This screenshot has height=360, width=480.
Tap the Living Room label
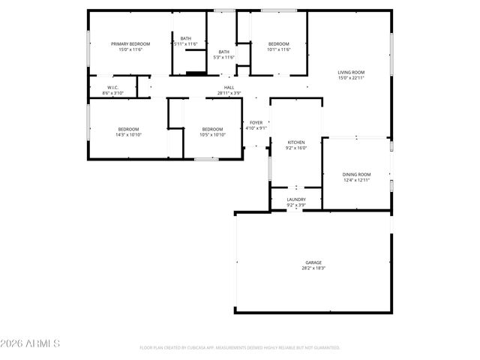[x=351, y=72]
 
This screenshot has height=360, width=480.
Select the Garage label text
[x=313, y=262]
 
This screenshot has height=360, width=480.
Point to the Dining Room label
[x=357, y=174]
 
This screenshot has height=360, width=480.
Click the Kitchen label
[x=297, y=142]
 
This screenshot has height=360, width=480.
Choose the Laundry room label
[x=296, y=199]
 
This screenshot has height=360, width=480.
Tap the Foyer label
[x=256, y=122]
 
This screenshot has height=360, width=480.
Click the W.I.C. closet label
[x=113, y=87]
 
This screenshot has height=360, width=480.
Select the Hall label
[x=229, y=87]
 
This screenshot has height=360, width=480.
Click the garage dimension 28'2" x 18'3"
[x=313, y=268]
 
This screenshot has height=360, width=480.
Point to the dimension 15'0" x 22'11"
[x=351, y=78]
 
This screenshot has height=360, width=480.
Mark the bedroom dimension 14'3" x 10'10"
[x=127, y=134]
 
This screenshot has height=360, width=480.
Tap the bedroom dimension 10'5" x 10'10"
[x=213, y=134]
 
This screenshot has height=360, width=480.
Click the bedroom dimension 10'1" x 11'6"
[x=278, y=50]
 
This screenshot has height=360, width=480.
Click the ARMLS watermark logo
[x=31, y=344]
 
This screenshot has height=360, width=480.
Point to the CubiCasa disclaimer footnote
[x=240, y=348]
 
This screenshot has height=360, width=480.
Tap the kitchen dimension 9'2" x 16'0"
[x=297, y=148]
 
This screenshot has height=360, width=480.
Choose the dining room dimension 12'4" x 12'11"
[x=357, y=180]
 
